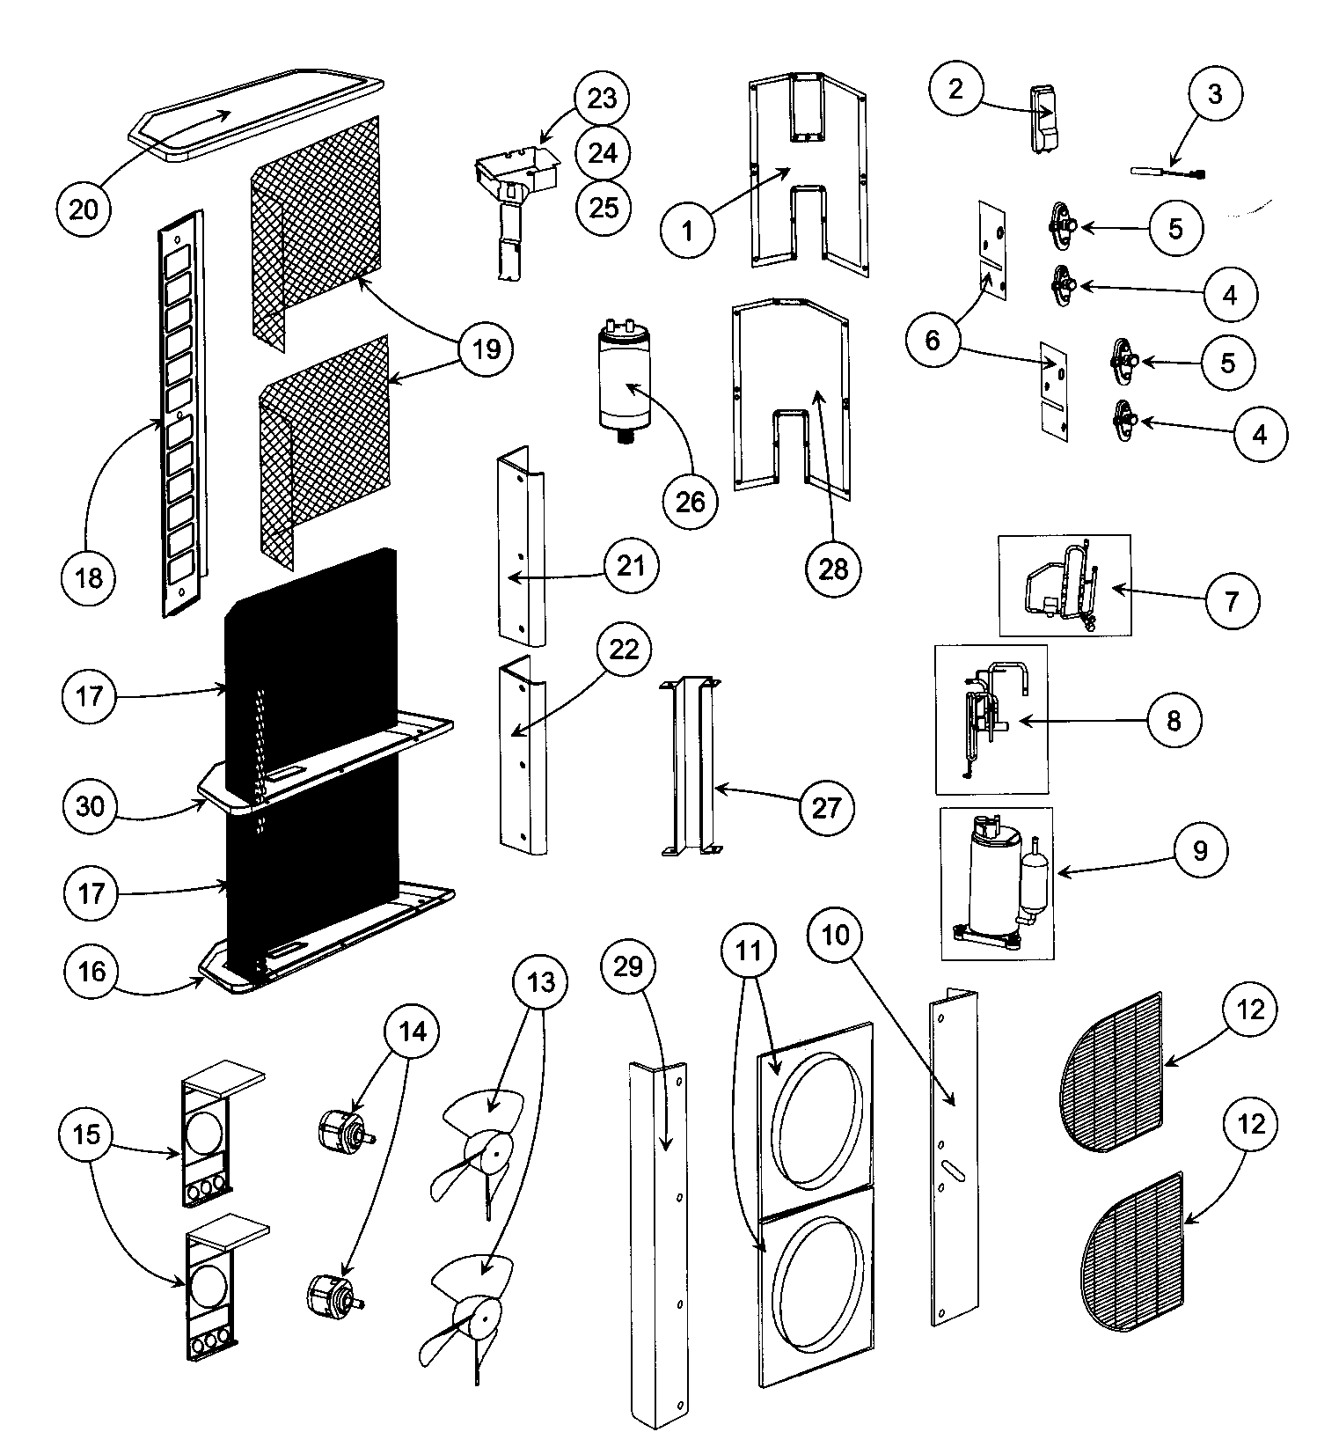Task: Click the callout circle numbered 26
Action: (x=691, y=502)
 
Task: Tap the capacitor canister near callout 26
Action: (x=626, y=383)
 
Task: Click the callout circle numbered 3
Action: (x=1215, y=94)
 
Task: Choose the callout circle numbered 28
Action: (x=833, y=569)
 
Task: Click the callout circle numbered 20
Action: (x=84, y=209)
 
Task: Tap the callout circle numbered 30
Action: (x=91, y=806)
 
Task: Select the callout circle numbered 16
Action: (x=91, y=971)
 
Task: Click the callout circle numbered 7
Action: (x=1231, y=601)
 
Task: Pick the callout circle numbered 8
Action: (x=1174, y=721)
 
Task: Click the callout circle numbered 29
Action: (x=628, y=967)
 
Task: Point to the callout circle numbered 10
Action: (x=836, y=935)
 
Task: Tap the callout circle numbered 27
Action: (x=825, y=808)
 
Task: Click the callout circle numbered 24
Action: (x=604, y=153)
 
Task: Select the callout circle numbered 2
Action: (x=957, y=89)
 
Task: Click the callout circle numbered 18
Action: (x=89, y=578)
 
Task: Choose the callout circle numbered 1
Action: (x=688, y=231)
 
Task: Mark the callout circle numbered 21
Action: (x=631, y=567)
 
